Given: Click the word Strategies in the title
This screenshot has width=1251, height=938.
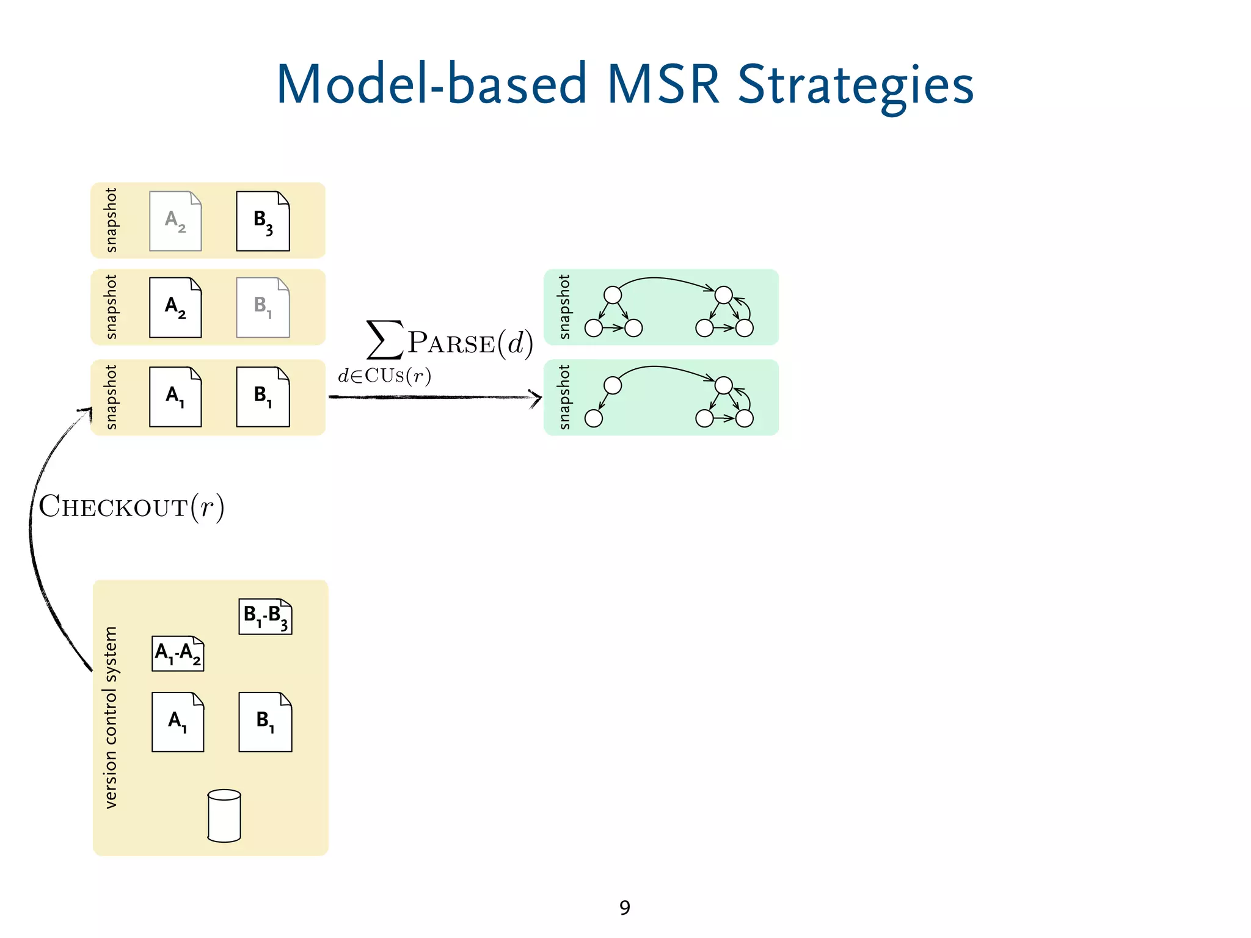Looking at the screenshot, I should pos(855,85).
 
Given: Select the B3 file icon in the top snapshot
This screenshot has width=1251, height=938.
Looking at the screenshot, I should pos(263,221).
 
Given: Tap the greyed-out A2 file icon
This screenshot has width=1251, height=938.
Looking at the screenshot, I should pos(175,221).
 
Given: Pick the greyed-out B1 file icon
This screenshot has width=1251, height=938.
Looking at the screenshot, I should pos(263,307).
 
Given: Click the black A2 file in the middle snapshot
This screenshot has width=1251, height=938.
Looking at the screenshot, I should pos(175,307).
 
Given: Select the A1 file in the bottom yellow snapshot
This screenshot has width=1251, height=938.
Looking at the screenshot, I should pos(175,397).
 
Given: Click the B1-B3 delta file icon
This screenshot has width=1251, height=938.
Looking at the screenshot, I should pos(265,616).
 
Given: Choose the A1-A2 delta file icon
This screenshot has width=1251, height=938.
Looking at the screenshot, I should pos(178,653).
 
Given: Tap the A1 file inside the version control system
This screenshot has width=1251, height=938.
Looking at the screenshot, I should pos(178,722).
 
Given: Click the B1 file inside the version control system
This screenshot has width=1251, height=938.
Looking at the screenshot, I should pos(265,722).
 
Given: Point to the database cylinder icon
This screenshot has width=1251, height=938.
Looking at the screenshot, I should pos(224,816).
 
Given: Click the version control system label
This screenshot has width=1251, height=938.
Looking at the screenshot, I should pos(111,718).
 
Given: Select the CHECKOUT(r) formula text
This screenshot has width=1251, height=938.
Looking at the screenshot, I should pos(131,507).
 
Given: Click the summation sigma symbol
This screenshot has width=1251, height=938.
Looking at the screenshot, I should pos(385,340).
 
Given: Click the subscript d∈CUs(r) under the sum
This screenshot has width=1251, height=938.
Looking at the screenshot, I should pos(385,376).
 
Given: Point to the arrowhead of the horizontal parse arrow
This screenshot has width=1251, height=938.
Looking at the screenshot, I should pos(536,398).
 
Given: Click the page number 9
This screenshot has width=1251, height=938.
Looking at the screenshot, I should pos(624,907).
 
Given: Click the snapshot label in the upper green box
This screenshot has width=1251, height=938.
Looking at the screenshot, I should pos(564,307).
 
